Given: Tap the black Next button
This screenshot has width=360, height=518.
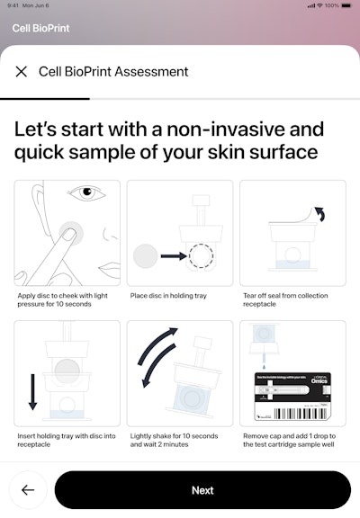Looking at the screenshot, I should (x=202, y=490).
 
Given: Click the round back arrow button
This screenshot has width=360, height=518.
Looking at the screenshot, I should (x=28, y=490).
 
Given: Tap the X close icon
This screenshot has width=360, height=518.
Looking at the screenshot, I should (x=22, y=72).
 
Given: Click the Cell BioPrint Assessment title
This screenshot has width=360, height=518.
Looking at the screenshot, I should (x=113, y=72).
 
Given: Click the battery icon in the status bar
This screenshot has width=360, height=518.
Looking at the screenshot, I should (x=346, y=5).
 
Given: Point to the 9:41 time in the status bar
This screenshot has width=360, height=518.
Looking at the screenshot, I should (x=13, y=5).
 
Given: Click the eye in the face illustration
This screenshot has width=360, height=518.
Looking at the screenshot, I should (x=86, y=192).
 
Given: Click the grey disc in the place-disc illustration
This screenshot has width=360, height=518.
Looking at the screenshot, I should (x=146, y=255).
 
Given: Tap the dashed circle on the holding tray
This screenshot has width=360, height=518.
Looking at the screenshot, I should (x=202, y=255).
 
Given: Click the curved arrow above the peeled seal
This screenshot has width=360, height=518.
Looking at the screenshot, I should (x=323, y=219).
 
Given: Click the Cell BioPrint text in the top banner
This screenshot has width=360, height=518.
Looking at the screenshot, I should (x=40, y=28).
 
